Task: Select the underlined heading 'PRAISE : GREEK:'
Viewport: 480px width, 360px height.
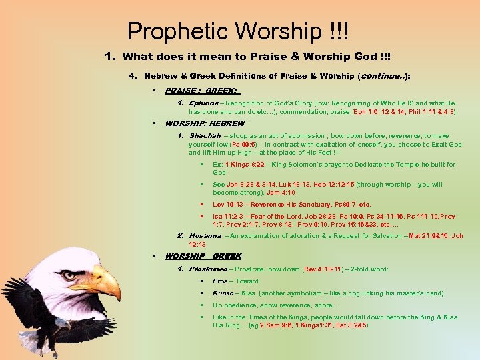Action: pyautogui.click(x=202, y=90)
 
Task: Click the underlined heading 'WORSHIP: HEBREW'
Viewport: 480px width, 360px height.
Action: pyautogui.click(x=204, y=123)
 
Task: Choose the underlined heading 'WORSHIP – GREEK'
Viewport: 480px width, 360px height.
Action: pyautogui.click(x=203, y=256)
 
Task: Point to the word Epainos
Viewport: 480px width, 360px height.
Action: pyautogui.click(x=203, y=103)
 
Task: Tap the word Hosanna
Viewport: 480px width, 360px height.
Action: pyautogui.click(x=205, y=235)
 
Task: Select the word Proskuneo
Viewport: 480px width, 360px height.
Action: pyautogui.click(x=208, y=269)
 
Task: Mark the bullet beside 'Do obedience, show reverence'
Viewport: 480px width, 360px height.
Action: pyautogui.click(x=201, y=305)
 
